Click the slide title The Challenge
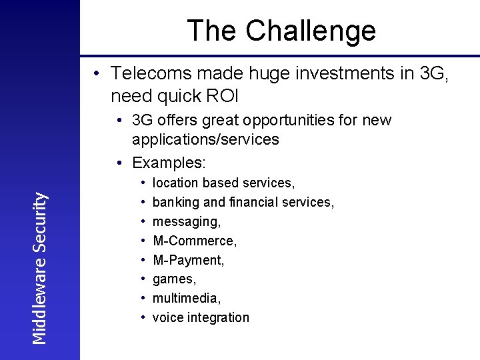[281, 30]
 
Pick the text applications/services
[205, 139]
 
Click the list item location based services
[223, 183]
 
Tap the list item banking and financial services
[243, 202]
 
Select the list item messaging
[186, 221]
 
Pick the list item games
[173, 279]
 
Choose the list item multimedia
[186, 298]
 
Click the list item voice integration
[201, 317]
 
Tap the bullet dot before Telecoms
[97, 73]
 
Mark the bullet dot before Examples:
[118, 163]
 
